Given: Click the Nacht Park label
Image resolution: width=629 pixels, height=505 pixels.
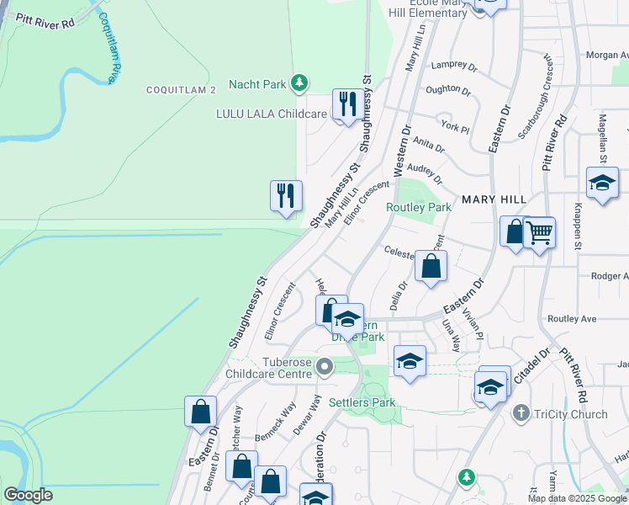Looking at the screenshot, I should (262, 84).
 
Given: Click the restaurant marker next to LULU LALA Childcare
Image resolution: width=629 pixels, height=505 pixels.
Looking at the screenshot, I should (346, 104).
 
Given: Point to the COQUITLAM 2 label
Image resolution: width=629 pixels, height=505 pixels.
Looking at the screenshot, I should (181, 89).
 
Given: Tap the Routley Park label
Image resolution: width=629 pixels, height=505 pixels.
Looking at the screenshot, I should (419, 207).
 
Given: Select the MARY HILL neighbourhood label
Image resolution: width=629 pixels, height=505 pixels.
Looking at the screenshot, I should (494, 199).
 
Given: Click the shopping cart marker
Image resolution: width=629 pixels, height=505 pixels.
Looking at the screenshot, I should (539, 232).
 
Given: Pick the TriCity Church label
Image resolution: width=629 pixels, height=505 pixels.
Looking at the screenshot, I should (571, 414).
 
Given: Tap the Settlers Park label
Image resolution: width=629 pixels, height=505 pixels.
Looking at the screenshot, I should (362, 403).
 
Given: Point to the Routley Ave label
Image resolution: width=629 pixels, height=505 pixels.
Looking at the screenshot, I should (571, 319).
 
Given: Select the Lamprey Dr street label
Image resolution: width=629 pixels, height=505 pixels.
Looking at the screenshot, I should (453, 65).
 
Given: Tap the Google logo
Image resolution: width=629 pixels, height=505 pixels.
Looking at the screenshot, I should (28, 496).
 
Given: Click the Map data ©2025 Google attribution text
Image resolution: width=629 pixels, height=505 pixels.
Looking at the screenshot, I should (577, 498).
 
